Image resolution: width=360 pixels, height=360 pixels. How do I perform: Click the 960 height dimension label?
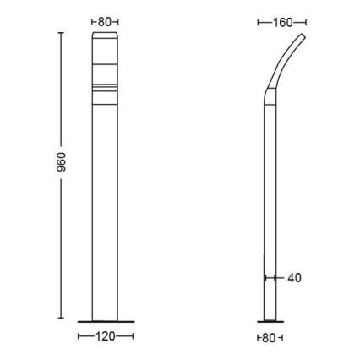[50, 176]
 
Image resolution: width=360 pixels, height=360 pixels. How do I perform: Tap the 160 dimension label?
[281, 22]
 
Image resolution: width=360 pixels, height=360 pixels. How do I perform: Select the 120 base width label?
[106, 336]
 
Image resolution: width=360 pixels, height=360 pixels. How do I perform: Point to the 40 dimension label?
[293, 277]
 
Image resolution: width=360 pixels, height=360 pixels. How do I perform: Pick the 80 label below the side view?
[269, 337]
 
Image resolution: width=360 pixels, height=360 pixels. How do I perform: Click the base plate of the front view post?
[106, 321]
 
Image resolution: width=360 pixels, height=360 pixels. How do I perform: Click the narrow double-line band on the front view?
[106, 88]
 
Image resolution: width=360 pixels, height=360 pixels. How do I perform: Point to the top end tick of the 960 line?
[61, 33]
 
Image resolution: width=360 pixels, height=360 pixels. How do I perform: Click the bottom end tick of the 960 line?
[61, 319]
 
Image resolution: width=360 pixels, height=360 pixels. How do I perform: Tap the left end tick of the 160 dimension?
[258, 22]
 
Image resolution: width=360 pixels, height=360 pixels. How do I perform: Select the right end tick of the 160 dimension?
[306, 22]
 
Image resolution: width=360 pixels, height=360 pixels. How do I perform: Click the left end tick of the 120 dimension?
[78, 336]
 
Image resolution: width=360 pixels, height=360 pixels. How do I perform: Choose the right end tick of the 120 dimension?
[134, 336]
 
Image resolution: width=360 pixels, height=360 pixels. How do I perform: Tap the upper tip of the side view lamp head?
[303, 36]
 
